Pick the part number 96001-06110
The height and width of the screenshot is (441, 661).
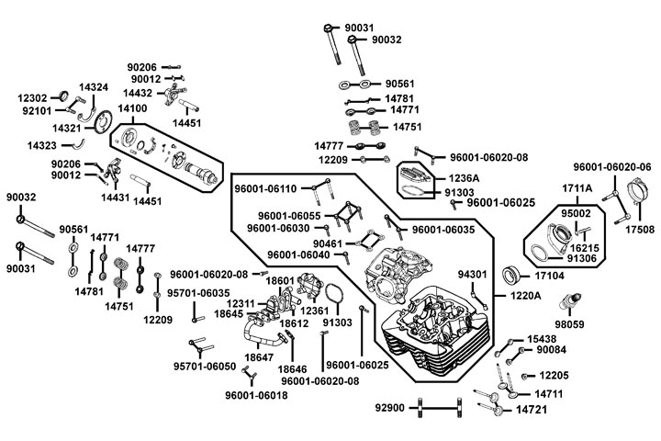click(x=265, y=188)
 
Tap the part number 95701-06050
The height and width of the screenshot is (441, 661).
click(x=205, y=367)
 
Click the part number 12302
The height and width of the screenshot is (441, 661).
click(x=33, y=96)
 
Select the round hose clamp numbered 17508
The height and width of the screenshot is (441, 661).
click(x=633, y=197)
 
